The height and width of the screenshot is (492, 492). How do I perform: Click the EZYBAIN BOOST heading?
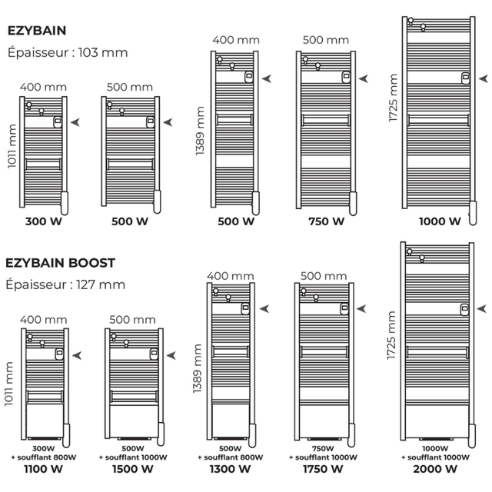(x=61, y=262)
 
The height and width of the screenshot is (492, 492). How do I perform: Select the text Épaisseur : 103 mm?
(x=67, y=53)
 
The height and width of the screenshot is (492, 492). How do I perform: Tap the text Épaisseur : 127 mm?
(x=65, y=284)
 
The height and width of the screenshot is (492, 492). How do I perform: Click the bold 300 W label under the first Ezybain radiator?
(x=44, y=221)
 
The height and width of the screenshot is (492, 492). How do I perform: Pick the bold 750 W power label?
(x=327, y=221)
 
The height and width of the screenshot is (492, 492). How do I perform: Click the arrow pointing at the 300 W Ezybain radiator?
(x=76, y=121)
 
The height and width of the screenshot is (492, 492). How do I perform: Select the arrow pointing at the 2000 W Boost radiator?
(x=484, y=310)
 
